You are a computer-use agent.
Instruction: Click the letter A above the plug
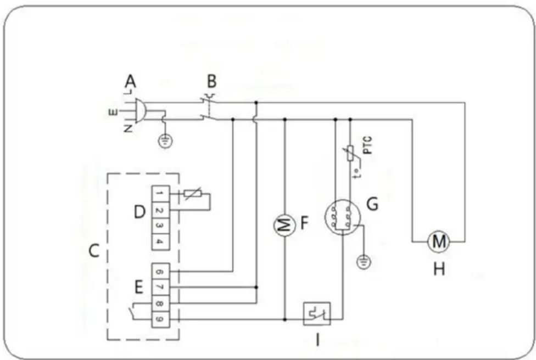coord(130,82)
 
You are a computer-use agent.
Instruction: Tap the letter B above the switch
coord(211,82)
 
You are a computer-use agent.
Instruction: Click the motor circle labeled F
coord(284,226)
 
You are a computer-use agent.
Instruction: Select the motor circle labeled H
coord(439,240)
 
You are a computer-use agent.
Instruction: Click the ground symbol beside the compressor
coord(362,262)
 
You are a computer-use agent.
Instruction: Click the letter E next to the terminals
coord(139,286)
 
